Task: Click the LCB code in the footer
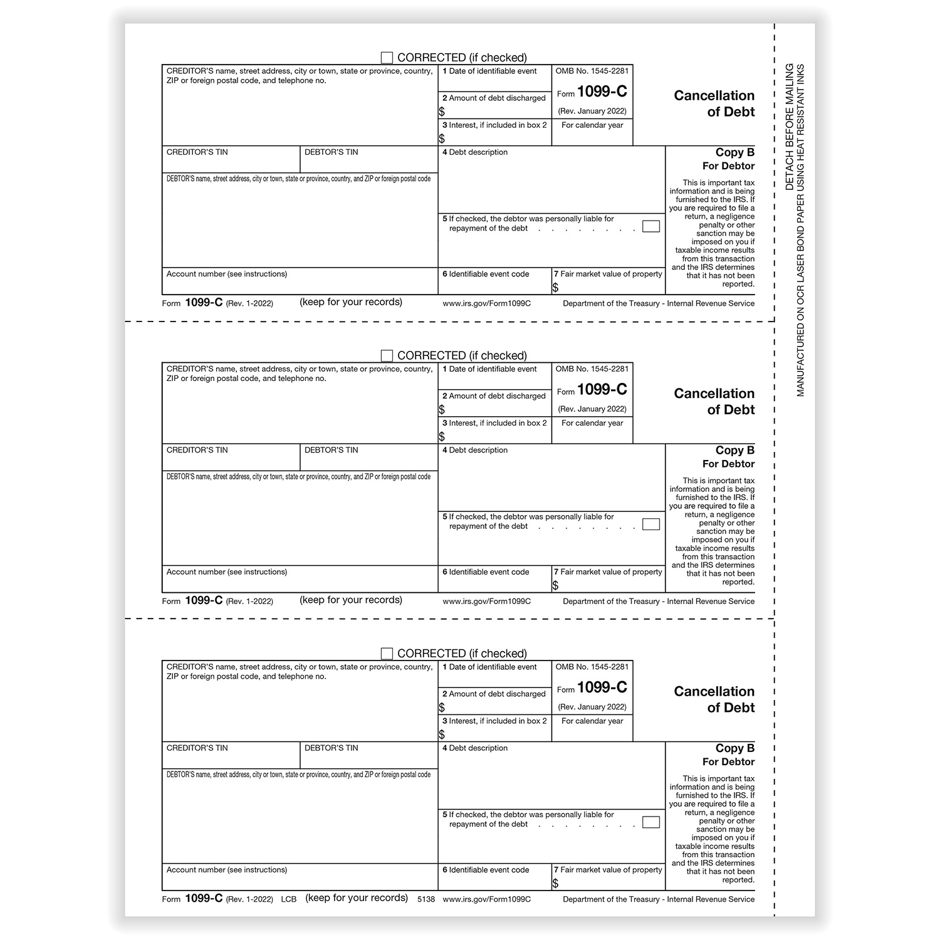click(x=288, y=899)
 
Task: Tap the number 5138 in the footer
click(x=426, y=899)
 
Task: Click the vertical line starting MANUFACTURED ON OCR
click(x=801, y=230)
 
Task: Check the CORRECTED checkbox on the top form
click(x=387, y=58)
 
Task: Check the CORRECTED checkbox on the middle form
click(x=387, y=355)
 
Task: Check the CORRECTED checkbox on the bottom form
click(x=387, y=654)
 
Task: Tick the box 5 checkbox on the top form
click(x=651, y=226)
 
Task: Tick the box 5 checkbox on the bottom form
click(x=651, y=822)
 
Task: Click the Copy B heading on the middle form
click(x=734, y=451)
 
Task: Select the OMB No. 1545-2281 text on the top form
click(x=592, y=71)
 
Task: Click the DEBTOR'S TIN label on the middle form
click(x=331, y=450)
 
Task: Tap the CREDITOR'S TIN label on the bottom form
click(x=197, y=748)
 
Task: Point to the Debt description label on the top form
click(x=478, y=152)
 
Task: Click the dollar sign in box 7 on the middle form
click(x=556, y=585)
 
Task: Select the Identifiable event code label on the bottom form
click(x=488, y=870)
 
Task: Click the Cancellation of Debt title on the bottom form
click(x=714, y=699)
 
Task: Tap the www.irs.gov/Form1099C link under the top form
click(x=486, y=303)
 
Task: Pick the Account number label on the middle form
click(x=226, y=572)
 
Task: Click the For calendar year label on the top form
click(x=592, y=125)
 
